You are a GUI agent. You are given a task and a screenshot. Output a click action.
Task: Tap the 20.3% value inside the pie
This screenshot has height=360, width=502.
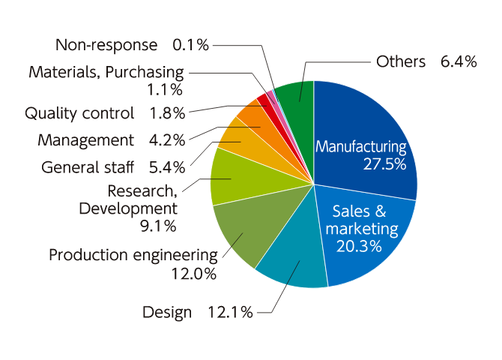(x=360, y=246)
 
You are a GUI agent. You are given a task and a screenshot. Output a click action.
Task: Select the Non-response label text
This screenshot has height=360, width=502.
(x=106, y=45)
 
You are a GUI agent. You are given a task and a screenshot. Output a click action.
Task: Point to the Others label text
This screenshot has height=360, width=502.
(x=401, y=62)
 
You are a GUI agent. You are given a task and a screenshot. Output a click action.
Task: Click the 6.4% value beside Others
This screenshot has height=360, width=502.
(x=459, y=62)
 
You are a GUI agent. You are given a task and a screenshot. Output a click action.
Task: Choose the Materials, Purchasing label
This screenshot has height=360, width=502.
(x=106, y=72)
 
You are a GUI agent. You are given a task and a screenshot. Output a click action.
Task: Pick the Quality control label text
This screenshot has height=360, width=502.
(x=79, y=114)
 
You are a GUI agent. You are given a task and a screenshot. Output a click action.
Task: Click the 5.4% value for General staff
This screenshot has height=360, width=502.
(x=166, y=166)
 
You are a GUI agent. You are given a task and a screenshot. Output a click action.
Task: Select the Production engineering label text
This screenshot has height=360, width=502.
(x=133, y=255)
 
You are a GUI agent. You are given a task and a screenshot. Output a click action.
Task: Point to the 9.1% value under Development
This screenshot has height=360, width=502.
(x=159, y=225)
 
